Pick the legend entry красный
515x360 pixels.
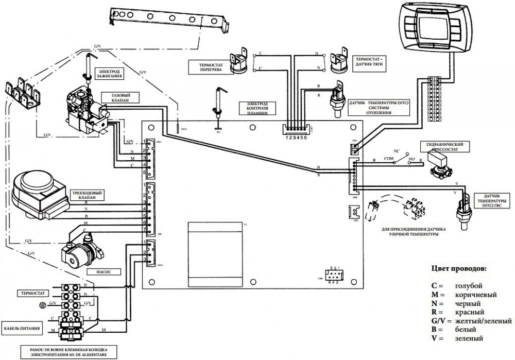(x=468, y=312)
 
